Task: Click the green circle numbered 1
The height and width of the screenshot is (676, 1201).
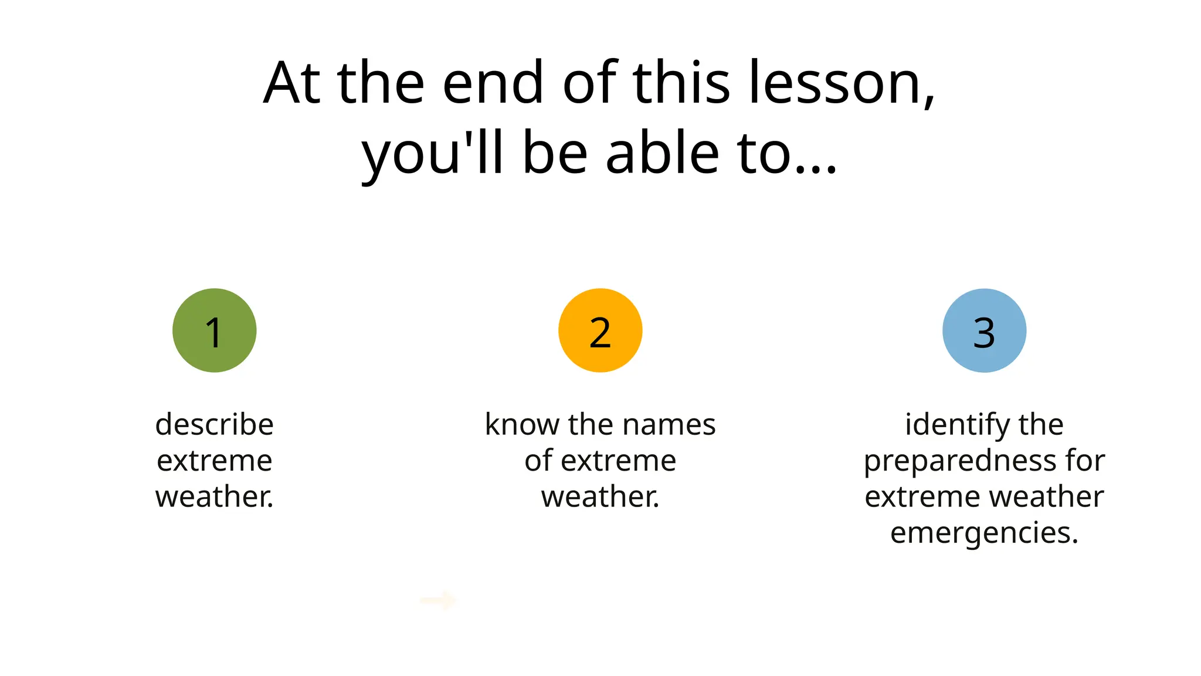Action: (214, 330)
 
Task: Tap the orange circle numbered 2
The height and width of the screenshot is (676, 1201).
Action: (600, 330)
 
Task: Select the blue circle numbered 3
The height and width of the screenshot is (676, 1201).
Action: (984, 330)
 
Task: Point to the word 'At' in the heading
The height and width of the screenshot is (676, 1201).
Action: (291, 83)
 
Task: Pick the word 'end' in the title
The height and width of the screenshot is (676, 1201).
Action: (493, 83)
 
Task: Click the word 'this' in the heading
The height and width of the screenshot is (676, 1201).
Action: (681, 83)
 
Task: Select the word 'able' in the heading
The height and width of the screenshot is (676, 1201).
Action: (662, 154)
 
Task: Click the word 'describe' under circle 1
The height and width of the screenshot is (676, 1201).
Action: (215, 424)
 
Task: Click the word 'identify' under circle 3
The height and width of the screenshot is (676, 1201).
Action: (951, 424)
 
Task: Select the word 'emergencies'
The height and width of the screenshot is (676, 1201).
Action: (981, 533)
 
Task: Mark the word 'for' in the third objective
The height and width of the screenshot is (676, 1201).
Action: (1085, 460)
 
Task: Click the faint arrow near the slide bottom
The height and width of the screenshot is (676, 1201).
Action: (438, 600)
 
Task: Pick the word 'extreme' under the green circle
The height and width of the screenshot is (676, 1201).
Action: (215, 461)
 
